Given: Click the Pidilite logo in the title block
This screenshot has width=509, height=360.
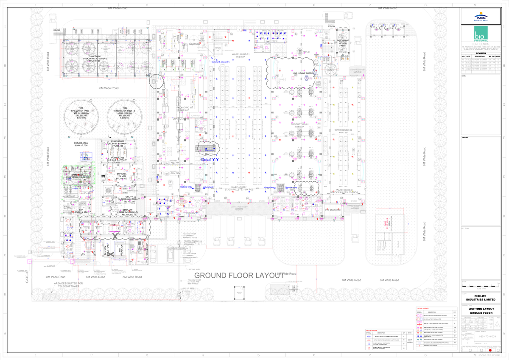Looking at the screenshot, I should tap(484, 17).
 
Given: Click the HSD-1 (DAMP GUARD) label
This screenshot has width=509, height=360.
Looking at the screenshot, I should tap(303, 73).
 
